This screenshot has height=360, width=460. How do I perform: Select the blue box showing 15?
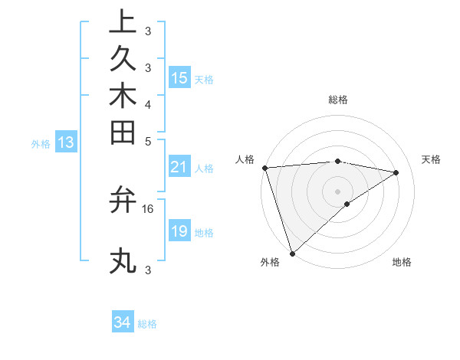pos(179,77)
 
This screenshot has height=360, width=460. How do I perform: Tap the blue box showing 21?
pos(179,167)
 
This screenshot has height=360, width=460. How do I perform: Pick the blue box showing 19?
pos(179,231)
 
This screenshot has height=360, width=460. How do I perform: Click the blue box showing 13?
pos(66,142)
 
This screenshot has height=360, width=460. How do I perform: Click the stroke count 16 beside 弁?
pos(148,208)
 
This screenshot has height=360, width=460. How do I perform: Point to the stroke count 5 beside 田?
pos(148,140)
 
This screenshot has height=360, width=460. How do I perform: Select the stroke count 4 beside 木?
pos(148,103)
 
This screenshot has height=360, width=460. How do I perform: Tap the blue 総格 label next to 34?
pos(147,324)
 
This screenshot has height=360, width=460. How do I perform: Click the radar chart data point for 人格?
pos(264,168)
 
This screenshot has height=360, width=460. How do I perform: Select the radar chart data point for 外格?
pos(292,252)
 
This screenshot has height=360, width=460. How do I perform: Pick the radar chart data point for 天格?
pos(396,172)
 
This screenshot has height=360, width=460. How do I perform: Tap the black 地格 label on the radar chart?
pos(402,263)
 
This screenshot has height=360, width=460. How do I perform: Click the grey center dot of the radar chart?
pos(337,191)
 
